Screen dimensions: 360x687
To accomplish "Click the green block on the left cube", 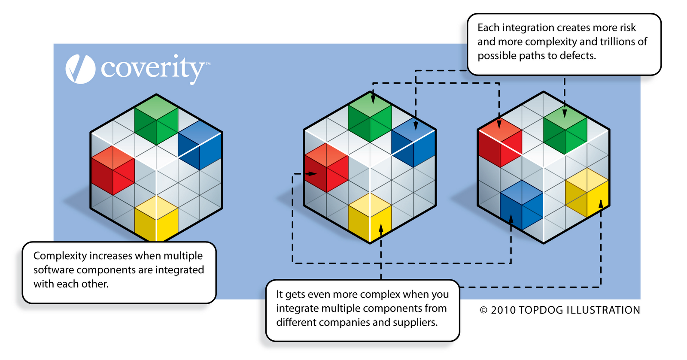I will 156,120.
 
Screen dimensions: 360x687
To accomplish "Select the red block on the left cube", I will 113,170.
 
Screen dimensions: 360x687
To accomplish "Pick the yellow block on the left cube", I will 156,219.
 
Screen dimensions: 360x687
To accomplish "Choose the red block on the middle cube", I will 326,168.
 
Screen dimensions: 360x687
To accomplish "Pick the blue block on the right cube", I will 522,205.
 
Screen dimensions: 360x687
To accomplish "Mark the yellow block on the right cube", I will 587,193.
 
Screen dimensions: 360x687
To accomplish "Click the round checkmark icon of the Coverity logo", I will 80,69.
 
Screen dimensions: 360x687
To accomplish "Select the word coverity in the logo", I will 152,69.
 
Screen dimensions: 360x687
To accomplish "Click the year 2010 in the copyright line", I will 503,310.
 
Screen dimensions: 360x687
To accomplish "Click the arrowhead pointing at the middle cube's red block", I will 313,174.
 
